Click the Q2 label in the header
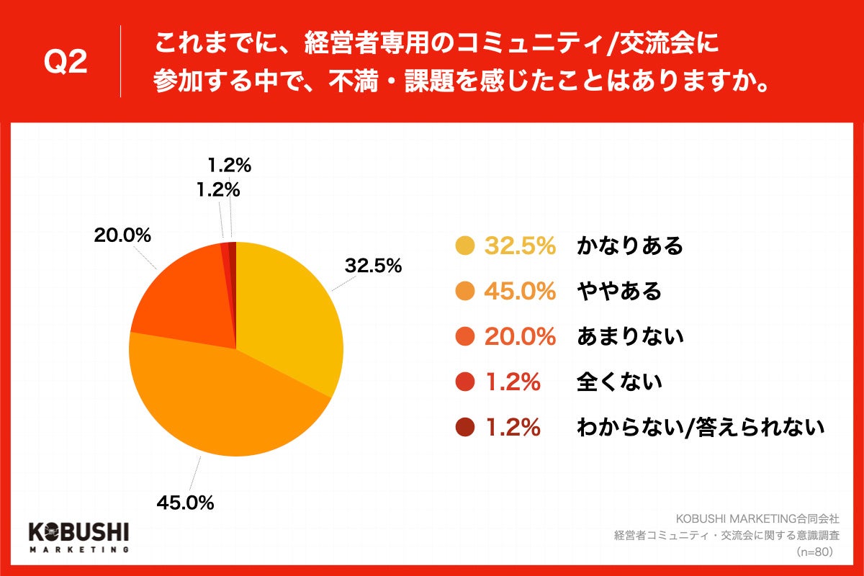(x=66, y=63)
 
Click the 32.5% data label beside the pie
(x=372, y=266)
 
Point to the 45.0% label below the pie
(x=185, y=503)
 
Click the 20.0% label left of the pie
(x=122, y=235)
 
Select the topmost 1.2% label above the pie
(x=229, y=166)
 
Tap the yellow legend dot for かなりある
(x=465, y=246)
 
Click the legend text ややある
(x=618, y=292)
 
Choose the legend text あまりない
(x=629, y=337)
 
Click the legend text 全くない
(x=618, y=382)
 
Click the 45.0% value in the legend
(x=520, y=292)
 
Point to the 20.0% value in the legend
(x=520, y=337)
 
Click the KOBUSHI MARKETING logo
(x=78, y=537)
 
